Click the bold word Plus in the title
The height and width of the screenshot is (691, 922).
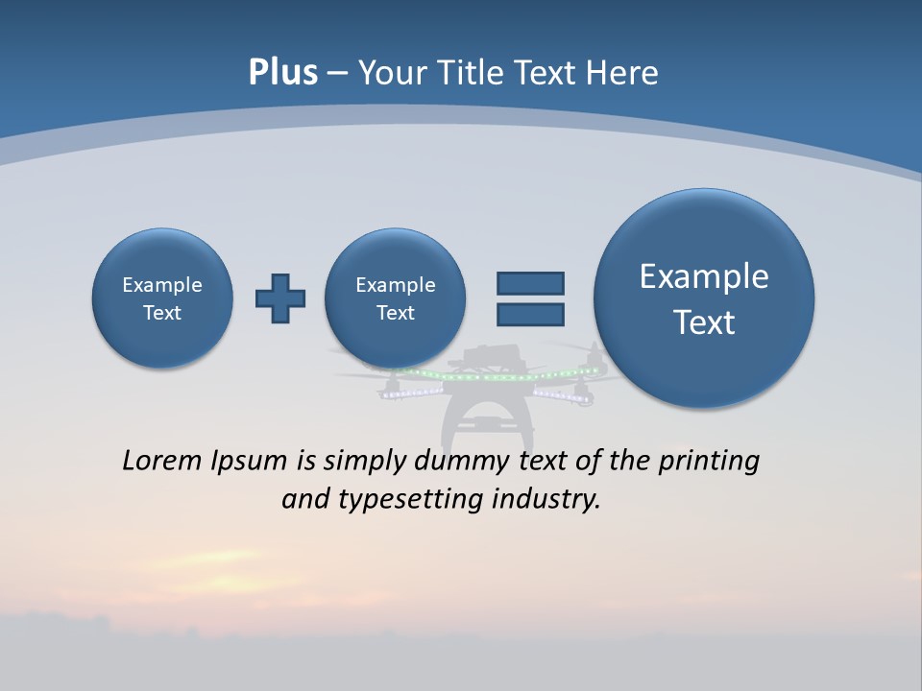pyautogui.click(x=282, y=73)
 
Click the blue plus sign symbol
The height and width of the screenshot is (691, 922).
pyautogui.click(x=280, y=298)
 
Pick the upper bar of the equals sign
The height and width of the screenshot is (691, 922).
pyautogui.click(x=530, y=283)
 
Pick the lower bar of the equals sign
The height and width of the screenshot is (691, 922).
pyautogui.click(x=530, y=315)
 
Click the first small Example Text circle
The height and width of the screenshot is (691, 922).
pyautogui.click(x=162, y=298)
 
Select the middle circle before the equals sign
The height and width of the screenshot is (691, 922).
pyautogui.click(x=396, y=298)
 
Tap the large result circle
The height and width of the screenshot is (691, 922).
pyautogui.click(x=704, y=298)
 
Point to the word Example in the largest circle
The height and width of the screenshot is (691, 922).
pyautogui.click(x=704, y=276)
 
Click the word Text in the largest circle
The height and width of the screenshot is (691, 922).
pyautogui.click(x=704, y=322)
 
